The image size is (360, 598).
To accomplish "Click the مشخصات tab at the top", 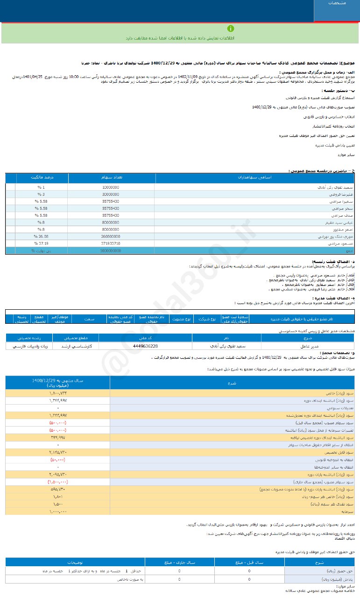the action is point(336,4).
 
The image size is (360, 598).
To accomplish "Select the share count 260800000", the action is point(111,237).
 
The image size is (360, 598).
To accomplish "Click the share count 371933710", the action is point(111,244).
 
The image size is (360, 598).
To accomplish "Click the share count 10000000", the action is point(111,186).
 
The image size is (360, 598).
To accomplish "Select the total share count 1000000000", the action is point(111,251).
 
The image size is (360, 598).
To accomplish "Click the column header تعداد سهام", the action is point(112,178).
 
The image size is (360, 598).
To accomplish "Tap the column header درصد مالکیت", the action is point(42,178).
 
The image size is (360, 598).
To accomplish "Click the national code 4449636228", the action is point(145,346).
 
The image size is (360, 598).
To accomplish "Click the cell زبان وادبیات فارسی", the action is point(28,346).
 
